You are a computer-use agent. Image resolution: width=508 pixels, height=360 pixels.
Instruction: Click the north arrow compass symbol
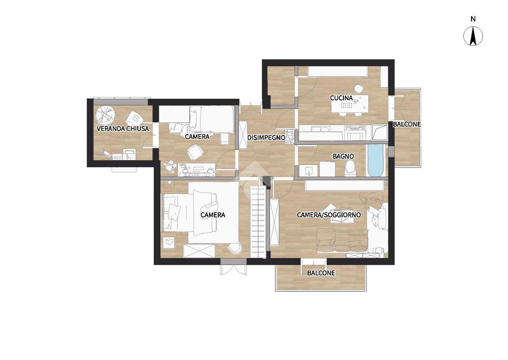pos(473,36)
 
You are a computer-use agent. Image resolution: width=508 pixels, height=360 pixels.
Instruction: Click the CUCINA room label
pos(341,98)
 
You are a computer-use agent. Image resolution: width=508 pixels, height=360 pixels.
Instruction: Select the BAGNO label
pos(343,156)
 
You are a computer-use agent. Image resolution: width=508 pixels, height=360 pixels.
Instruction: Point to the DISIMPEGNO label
pos(266,138)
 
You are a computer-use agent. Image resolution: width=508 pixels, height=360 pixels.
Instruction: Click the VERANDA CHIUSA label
pos(123,129)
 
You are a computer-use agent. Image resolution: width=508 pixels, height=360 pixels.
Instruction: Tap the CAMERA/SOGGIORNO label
pos(329,215)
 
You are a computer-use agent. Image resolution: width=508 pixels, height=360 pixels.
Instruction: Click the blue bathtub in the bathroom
pos(375,160)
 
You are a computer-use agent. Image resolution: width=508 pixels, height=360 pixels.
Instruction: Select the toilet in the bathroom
pos(351,168)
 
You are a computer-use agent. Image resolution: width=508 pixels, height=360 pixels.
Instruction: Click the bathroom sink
pos(309,171)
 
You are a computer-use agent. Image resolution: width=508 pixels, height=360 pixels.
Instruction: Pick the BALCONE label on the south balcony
pos(321,273)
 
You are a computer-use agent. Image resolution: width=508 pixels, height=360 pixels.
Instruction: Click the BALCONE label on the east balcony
pos(407,125)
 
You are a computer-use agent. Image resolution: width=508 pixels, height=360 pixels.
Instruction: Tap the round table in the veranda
pos(105,116)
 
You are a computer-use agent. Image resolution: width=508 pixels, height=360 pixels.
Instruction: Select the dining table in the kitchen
pos(350,104)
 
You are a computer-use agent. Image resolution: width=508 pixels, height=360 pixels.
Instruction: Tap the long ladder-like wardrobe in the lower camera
pos(258,222)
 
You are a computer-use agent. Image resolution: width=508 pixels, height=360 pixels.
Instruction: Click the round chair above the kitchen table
pos(358,89)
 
